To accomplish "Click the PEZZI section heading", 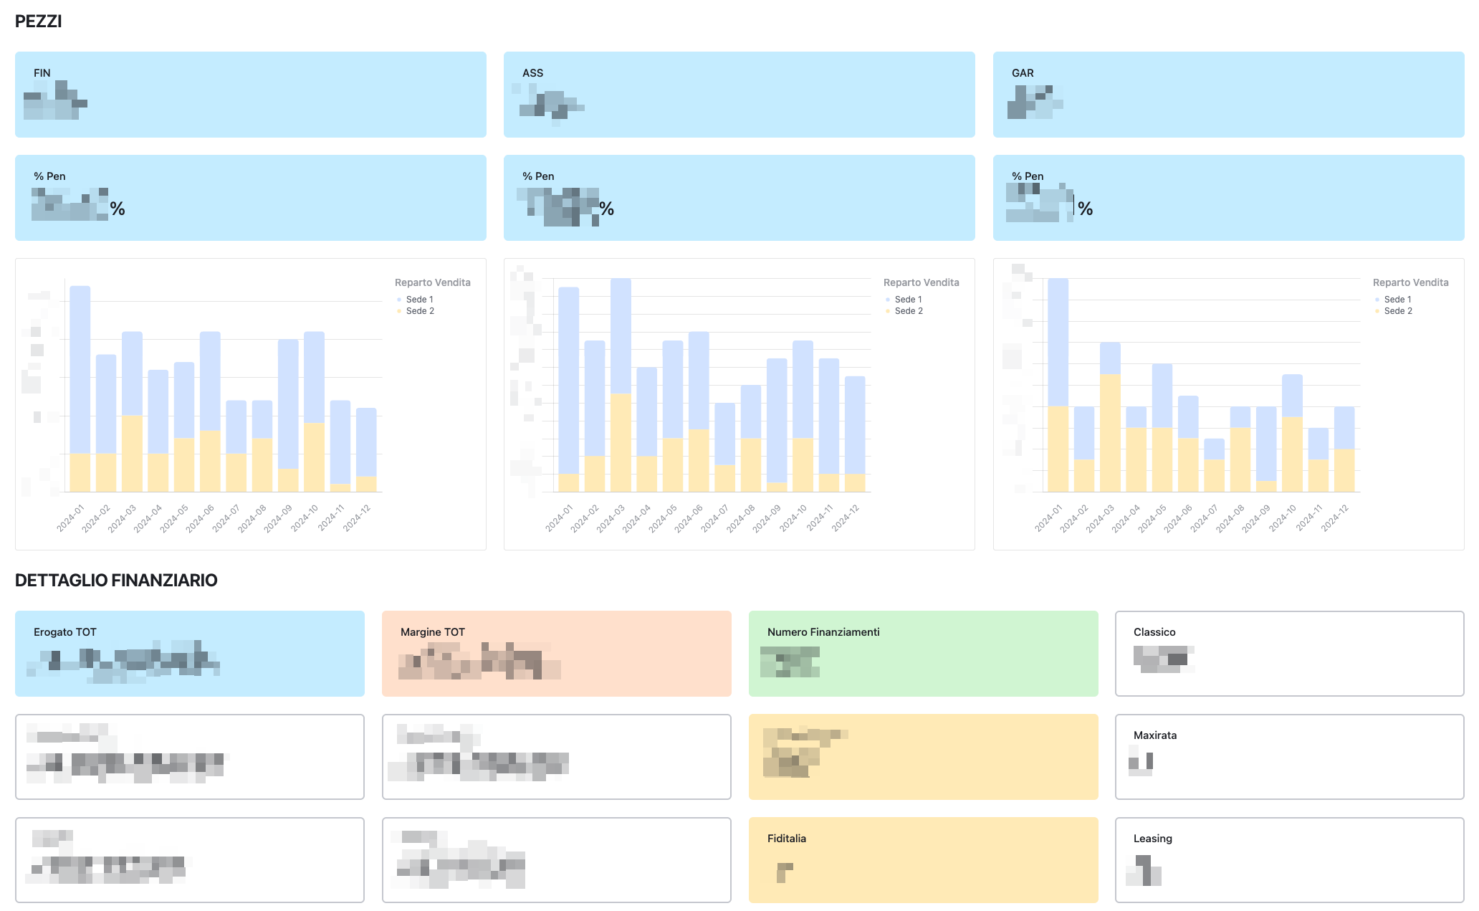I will pos(39,22).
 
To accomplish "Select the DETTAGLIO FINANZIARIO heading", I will pos(116,581).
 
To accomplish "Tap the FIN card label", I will pos(42,73).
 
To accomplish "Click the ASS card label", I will pos(532,73).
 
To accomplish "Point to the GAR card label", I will pos(1023,73).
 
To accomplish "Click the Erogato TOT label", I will pos(64,632).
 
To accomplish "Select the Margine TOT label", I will pos(433,632).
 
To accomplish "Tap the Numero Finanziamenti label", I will pos(823,632).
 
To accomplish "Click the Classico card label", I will pos(1154,632).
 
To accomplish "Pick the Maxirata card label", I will pos(1155,735).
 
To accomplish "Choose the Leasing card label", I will pos(1153,839).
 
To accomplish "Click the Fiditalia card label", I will pos(787,839).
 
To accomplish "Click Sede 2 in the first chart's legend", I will pos(420,311).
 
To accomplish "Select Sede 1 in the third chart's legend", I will pos(1397,300).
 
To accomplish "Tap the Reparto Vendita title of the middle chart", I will pos(921,282).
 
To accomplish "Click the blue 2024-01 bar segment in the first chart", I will pos(80,369).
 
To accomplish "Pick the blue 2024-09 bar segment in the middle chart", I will pos(777,420).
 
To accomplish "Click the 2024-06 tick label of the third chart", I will pos(1178,518).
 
